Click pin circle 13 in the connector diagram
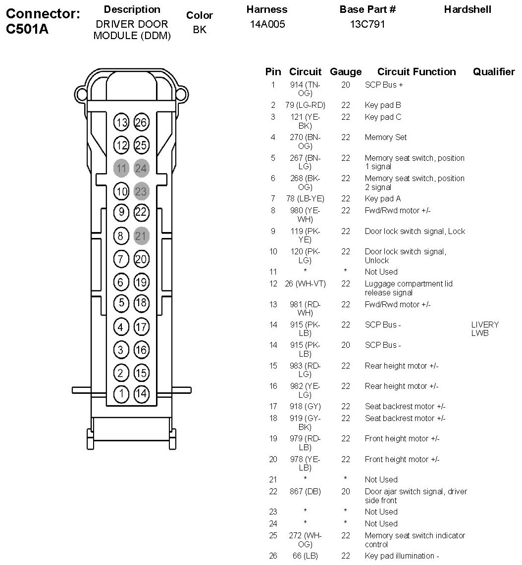pos(121,122)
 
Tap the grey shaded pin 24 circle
pos(141,168)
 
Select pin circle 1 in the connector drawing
pos(121,394)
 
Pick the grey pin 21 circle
pos(141,236)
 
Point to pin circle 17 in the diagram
pos(141,327)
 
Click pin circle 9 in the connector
pos(121,213)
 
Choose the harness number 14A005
pos(267,24)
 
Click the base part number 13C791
pos(367,24)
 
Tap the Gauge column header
pos(346,72)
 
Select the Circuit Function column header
pos(417,72)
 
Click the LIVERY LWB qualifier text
pos(485,329)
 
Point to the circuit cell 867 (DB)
pos(305,491)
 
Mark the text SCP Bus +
pos(384,85)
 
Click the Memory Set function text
pos(386,138)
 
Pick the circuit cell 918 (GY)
pos(305,407)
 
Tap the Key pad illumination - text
pos(402,556)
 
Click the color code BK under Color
pos(200,30)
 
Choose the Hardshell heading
pos(468,9)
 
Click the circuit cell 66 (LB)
pos(305,556)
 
